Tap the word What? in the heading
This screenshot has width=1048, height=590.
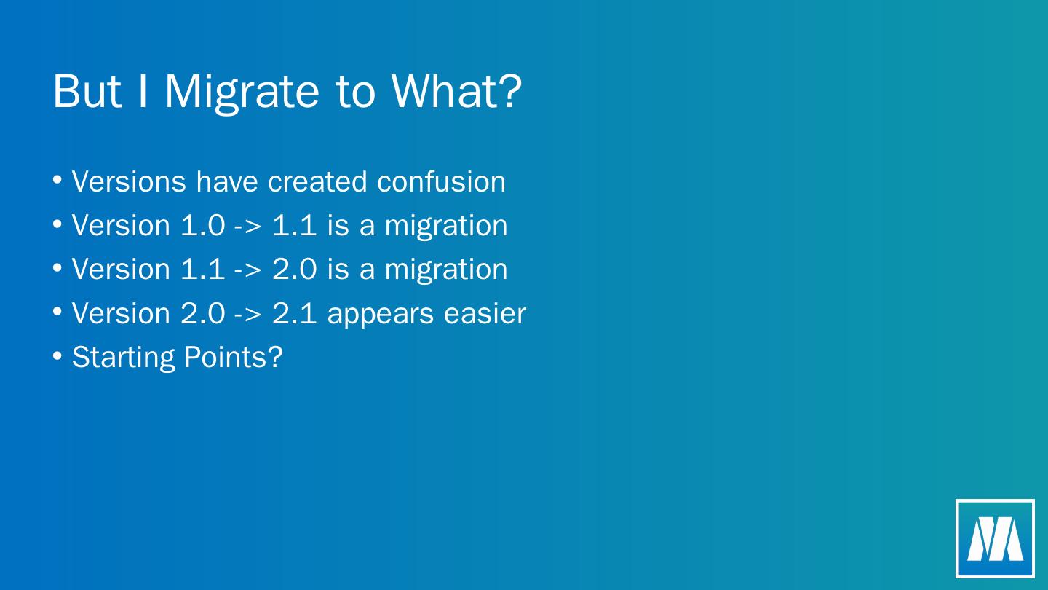click(x=456, y=90)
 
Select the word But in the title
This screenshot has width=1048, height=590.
click(x=87, y=91)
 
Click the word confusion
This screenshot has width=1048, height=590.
click(x=441, y=181)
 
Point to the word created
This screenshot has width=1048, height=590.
click(x=317, y=181)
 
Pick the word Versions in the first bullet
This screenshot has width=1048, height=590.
click(x=129, y=181)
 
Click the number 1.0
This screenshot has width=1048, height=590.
click(x=202, y=225)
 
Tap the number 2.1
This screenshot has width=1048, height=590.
click(x=294, y=313)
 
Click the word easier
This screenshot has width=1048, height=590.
click(x=485, y=312)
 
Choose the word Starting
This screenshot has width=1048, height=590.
click(x=123, y=358)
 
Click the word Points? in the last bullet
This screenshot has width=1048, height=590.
click(x=234, y=357)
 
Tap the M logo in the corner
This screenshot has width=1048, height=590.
click(x=995, y=538)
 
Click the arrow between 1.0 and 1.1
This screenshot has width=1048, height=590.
click(x=247, y=227)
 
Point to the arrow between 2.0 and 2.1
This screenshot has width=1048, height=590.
click(x=247, y=315)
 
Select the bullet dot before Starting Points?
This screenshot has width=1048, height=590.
click(x=57, y=355)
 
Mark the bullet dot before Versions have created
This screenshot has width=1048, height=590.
click(x=57, y=179)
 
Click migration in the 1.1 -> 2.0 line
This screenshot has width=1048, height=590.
click(x=446, y=270)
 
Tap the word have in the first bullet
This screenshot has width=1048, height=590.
click(x=227, y=181)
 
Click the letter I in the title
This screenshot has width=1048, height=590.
click(x=143, y=91)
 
